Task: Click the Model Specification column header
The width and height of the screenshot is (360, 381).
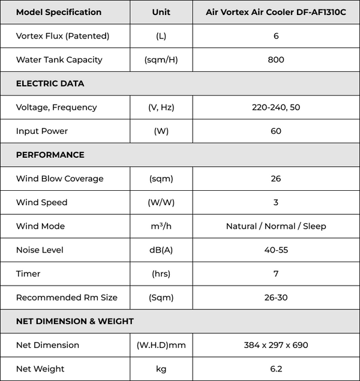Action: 59,12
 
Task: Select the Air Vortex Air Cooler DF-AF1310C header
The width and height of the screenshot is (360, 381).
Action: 276,12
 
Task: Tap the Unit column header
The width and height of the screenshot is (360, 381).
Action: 161,12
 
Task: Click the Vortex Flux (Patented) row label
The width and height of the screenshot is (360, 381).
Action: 62,36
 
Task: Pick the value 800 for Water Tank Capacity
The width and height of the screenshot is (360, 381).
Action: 276,59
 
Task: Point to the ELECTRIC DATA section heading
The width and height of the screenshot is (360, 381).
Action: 50,83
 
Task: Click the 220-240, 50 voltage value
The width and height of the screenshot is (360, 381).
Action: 276,107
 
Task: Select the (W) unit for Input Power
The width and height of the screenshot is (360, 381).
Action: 161,131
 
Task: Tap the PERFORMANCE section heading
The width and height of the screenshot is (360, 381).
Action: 50,155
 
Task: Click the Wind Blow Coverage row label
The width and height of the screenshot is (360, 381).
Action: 59,179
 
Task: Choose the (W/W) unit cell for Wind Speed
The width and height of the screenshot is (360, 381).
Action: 161,202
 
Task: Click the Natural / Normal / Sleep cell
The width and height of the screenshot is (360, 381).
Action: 276,226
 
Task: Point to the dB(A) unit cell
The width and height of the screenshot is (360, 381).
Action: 161,250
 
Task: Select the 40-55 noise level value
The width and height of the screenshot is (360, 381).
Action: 276,250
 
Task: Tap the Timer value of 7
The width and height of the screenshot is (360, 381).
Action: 276,274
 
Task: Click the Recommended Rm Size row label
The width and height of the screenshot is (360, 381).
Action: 67,298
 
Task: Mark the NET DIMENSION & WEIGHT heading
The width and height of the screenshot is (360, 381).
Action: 74,321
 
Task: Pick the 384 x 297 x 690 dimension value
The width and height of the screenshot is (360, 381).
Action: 276,345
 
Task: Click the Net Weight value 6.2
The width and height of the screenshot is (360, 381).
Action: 276,369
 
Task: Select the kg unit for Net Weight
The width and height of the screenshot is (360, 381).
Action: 161,369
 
